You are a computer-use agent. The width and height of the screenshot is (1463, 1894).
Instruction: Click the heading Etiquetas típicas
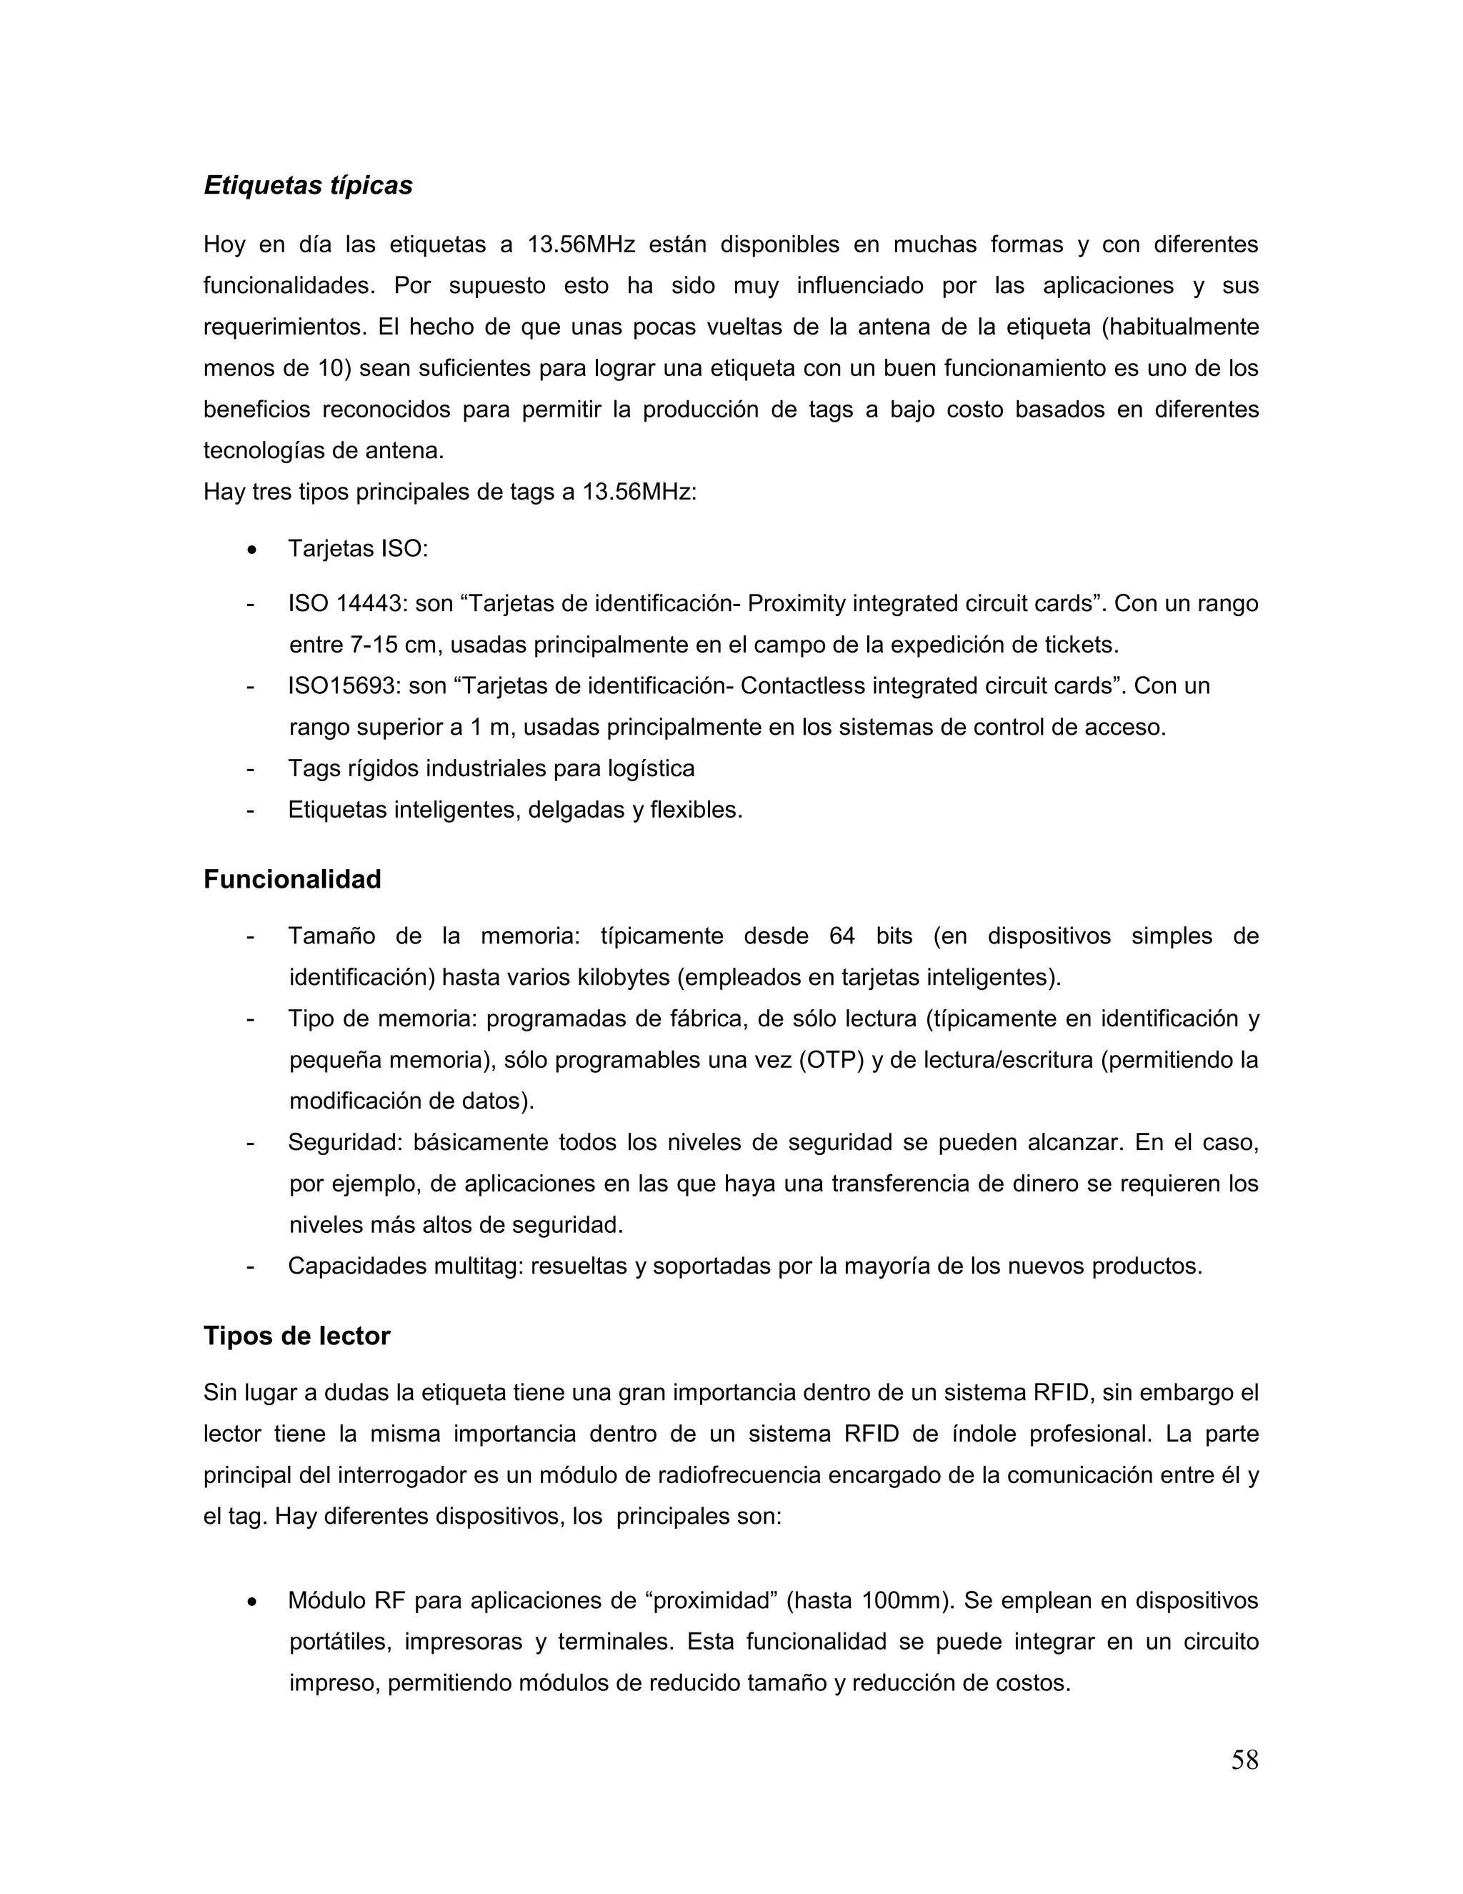tap(308, 186)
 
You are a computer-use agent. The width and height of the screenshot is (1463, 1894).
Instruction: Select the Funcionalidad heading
tap(292, 879)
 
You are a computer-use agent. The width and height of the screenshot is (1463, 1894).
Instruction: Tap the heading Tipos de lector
tap(296, 1336)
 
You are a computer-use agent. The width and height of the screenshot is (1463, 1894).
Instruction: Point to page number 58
tap(1244, 1760)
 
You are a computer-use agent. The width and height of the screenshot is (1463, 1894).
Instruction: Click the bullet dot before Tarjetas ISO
tap(251, 550)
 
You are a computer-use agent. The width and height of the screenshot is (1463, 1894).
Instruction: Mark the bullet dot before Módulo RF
tap(251, 1601)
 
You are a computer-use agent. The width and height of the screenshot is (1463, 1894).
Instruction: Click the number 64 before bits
tap(842, 936)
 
